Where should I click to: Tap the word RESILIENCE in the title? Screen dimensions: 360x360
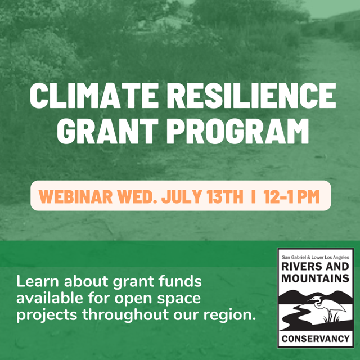pyautogui.click(x=255, y=96)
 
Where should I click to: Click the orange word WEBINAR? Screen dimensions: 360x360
pyautogui.click(x=74, y=197)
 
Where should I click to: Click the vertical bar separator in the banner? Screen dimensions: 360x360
pyautogui.click(x=254, y=197)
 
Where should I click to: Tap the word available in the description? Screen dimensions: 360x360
pyautogui.click(x=49, y=298)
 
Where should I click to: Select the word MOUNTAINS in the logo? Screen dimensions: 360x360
pyautogui.click(x=315, y=279)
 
